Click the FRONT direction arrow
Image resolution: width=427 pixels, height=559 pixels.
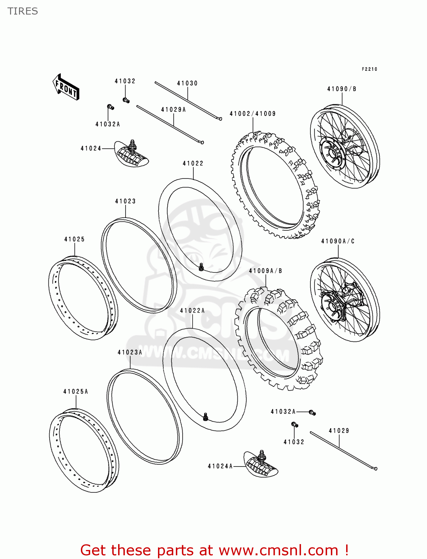click(x=66, y=87)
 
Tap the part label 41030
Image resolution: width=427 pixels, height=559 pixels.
click(x=187, y=83)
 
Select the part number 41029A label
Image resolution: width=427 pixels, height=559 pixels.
click(x=173, y=110)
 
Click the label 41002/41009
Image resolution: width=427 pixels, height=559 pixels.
click(x=253, y=114)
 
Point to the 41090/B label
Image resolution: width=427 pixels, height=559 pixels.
click(x=342, y=89)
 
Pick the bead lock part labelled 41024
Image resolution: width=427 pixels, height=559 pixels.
click(x=131, y=154)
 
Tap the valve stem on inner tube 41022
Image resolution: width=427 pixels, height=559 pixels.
click(x=201, y=267)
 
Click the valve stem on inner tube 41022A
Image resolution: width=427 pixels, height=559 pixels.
click(x=205, y=417)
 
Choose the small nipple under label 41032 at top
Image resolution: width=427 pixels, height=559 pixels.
click(x=126, y=100)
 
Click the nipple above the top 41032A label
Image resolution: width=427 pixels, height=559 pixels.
click(x=110, y=107)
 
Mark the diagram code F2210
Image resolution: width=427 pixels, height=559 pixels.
click(x=369, y=69)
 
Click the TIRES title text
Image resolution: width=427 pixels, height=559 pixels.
click(x=23, y=11)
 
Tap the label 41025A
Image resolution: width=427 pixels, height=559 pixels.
click(x=76, y=391)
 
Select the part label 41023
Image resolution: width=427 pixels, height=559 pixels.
click(x=125, y=201)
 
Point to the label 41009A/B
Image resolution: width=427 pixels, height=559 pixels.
click(x=265, y=271)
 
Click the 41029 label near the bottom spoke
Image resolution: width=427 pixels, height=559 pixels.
click(x=339, y=431)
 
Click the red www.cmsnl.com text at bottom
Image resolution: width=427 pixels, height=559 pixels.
click(x=278, y=550)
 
